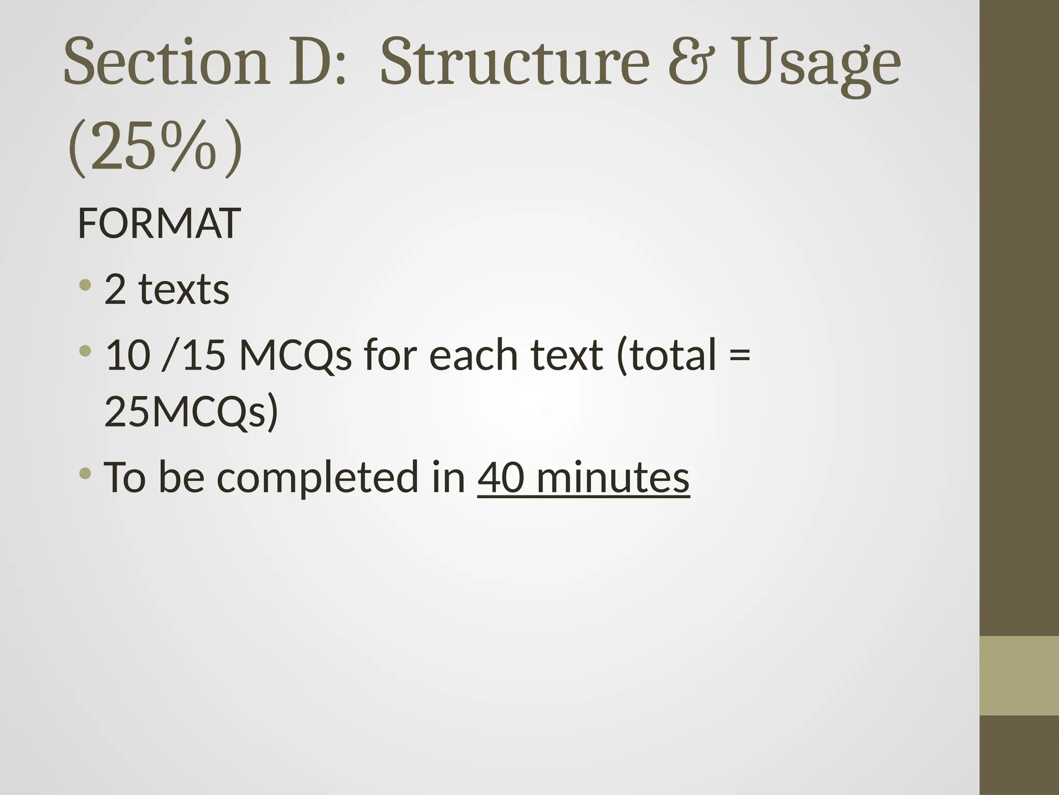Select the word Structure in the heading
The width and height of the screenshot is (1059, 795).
(515, 63)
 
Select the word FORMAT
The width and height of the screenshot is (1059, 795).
(159, 224)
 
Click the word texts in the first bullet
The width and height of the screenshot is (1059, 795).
(184, 290)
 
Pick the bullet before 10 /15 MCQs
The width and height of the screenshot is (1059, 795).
(85, 351)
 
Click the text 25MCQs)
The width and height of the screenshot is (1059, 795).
(191, 412)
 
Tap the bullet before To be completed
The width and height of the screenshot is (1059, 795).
(85, 473)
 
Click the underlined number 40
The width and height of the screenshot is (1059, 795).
(501, 477)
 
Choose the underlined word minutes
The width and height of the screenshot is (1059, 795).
(613, 477)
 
